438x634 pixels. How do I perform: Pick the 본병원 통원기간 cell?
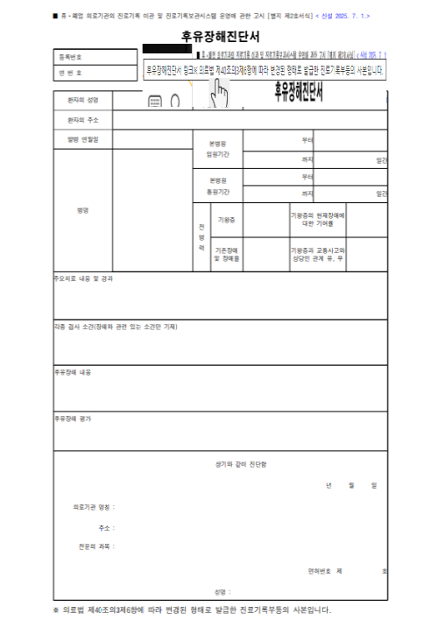[215, 186]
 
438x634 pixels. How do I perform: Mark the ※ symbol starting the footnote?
[56, 610]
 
